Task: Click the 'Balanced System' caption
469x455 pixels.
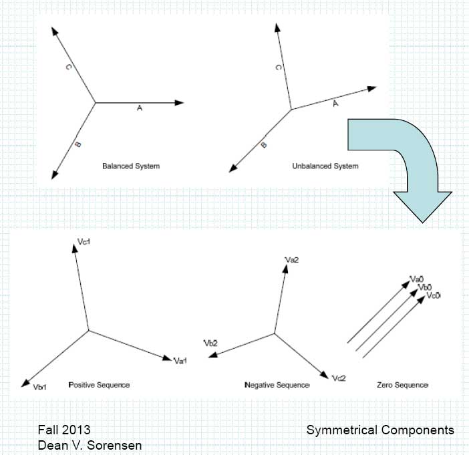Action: pos(130,165)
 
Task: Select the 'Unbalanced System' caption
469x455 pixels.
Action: pos(325,166)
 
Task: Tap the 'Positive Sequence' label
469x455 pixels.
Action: pos(99,385)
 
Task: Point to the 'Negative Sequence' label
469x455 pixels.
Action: pos(277,386)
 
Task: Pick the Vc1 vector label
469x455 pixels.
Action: pos(84,249)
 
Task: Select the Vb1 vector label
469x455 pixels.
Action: pos(41,387)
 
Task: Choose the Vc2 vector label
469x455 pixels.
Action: pos(339,378)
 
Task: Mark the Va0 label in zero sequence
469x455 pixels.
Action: pos(417,279)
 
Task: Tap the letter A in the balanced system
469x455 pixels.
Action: pos(139,108)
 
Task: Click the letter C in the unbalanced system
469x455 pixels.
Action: pos(278,67)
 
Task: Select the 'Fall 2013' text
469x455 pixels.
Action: pos(63,430)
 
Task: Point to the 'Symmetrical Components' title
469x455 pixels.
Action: pos(380,430)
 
